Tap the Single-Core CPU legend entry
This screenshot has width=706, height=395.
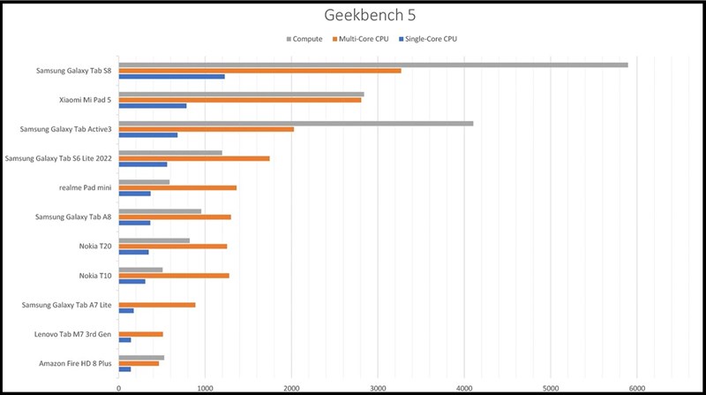coord(429,39)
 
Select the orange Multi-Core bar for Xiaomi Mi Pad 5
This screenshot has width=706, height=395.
coord(239,100)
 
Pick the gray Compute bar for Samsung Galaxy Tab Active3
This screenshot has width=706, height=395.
coord(296,123)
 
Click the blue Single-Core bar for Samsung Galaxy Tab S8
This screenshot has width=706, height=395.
coord(171,77)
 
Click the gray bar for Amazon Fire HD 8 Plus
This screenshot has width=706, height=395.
coord(141,357)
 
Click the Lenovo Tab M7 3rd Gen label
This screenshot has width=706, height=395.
coord(76,334)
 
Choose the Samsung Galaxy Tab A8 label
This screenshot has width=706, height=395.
coord(73,216)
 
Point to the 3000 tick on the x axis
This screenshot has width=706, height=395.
coord(378,386)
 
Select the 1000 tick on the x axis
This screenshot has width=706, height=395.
coord(205,386)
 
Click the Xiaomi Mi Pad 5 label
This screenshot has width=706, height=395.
coord(85,100)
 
